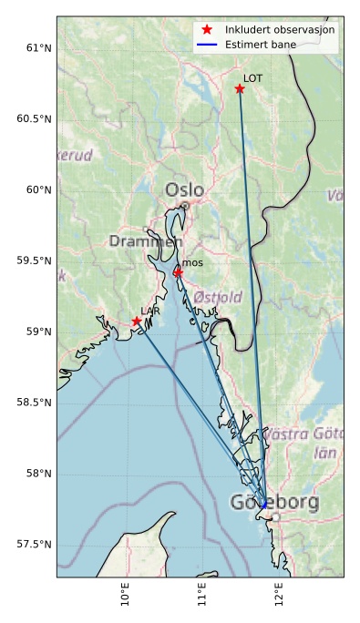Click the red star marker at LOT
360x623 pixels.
click(x=240, y=88)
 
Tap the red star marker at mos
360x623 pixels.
click(x=179, y=272)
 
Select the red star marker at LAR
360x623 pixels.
click(x=137, y=322)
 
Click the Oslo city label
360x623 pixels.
click(x=185, y=190)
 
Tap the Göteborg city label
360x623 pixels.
click(x=274, y=503)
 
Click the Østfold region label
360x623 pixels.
click(x=218, y=297)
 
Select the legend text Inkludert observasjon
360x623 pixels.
click(x=280, y=29)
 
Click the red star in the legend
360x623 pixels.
click(x=207, y=29)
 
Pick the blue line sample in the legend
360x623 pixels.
click(x=207, y=44)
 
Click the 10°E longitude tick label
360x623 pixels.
click(x=125, y=597)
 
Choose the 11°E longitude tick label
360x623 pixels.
click(x=201, y=597)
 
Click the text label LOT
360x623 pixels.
click(x=252, y=78)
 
